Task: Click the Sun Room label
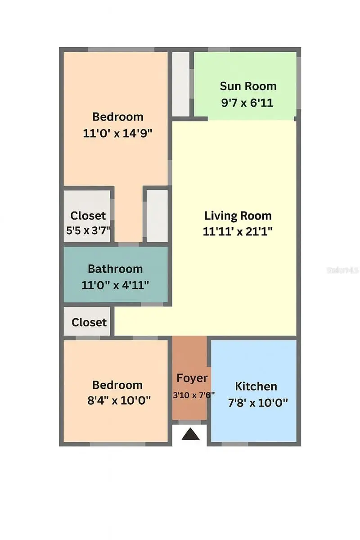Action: tap(248, 86)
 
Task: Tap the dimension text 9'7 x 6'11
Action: tap(247, 103)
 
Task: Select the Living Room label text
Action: tap(238, 216)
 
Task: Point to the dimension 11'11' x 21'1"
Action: tap(238, 232)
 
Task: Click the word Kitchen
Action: tap(256, 386)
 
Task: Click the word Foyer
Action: tap(192, 378)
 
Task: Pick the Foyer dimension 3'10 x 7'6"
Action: tap(194, 395)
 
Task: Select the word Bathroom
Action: tap(115, 269)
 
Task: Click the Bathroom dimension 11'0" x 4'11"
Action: tap(115, 285)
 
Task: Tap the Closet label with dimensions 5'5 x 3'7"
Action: tap(88, 216)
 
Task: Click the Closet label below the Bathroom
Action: tap(89, 322)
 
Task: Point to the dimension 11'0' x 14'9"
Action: tap(118, 133)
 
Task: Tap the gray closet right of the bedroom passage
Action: tap(157, 216)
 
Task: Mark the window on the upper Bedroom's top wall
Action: tap(121, 49)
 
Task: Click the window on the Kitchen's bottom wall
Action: tap(235, 444)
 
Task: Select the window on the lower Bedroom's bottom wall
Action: tap(117, 444)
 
